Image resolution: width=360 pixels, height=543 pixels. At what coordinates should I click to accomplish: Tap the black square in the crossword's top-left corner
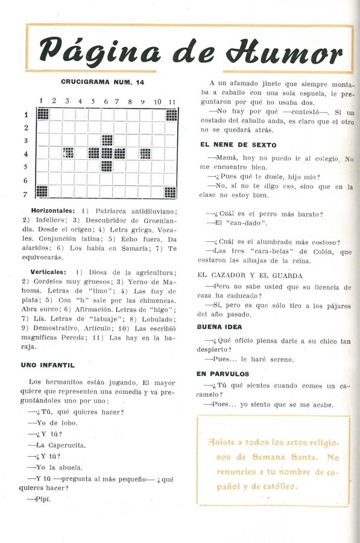pyautogui.click(x=43, y=114)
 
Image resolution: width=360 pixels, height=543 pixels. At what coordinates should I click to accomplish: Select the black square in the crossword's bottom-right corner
pyautogui.click(x=171, y=192)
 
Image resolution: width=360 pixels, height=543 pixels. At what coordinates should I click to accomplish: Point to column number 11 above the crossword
pyautogui.click(x=171, y=101)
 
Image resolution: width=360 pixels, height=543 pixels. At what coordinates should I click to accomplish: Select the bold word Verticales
pyautogui.click(x=49, y=272)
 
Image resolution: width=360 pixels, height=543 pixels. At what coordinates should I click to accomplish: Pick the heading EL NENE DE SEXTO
pyautogui.click(x=238, y=145)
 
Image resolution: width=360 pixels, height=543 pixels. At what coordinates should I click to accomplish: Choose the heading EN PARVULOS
pyautogui.click(x=222, y=374)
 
